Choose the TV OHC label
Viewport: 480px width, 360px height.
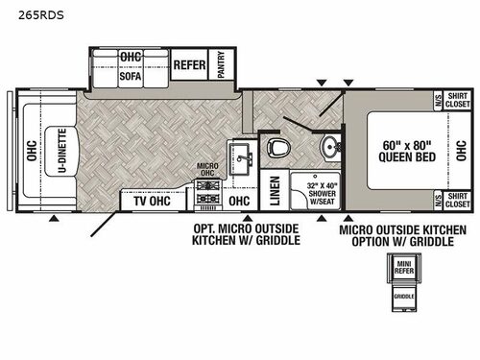(x=152, y=202)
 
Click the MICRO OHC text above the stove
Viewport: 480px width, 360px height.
(x=209, y=169)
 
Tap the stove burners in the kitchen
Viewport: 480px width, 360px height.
(x=209, y=199)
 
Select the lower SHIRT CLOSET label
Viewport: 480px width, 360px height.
(x=456, y=202)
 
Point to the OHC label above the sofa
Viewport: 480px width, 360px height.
(x=131, y=57)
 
